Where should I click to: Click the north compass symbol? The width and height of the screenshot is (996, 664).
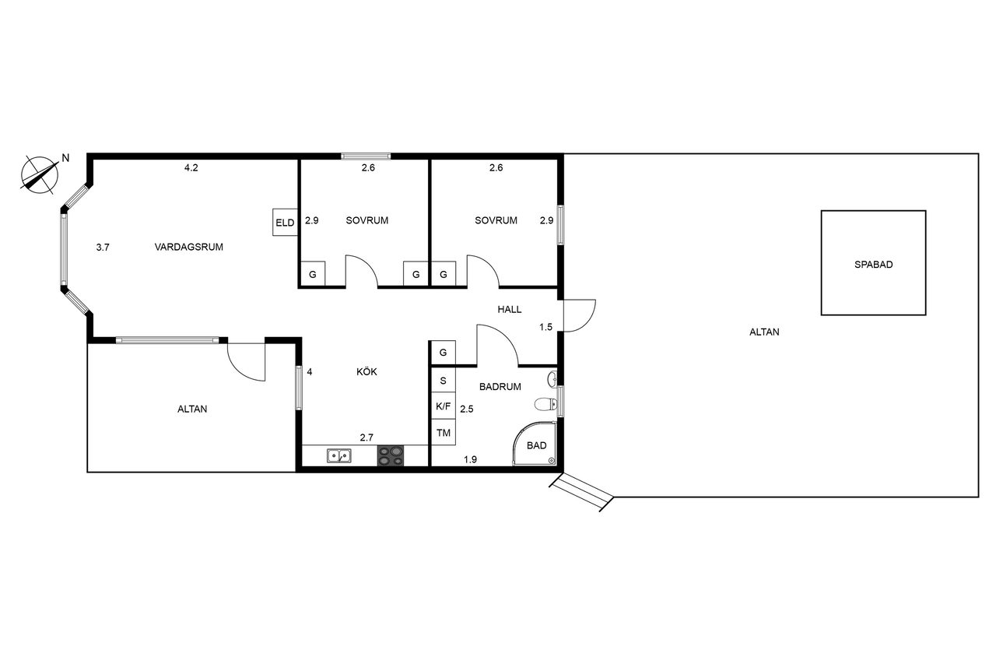tap(40, 175)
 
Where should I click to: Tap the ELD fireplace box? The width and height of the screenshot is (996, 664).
tap(285, 223)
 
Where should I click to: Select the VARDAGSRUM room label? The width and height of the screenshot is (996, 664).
tap(189, 247)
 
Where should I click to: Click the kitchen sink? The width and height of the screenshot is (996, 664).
tap(339, 456)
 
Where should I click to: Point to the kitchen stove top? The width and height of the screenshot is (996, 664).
tap(391, 456)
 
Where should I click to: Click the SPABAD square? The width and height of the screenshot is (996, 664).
tap(873, 263)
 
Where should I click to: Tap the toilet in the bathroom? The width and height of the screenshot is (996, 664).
tap(545, 404)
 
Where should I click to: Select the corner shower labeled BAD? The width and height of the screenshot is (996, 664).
tap(535, 444)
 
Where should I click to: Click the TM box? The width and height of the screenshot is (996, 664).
tap(444, 432)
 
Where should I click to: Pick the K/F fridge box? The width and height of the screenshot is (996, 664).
tap(444, 406)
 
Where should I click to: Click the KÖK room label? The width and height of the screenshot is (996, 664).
tap(366, 372)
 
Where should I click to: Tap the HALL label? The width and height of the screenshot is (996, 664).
tap(510, 310)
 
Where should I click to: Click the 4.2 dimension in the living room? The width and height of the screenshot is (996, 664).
tap(191, 167)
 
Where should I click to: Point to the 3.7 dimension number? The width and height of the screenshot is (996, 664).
tap(103, 248)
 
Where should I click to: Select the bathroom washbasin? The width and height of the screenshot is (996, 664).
tap(552, 379)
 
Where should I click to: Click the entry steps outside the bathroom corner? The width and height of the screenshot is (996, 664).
tap(581, 492)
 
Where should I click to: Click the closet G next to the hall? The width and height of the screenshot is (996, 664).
tap(444, 352)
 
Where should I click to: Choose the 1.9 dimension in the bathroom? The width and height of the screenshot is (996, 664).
tap(471, 459)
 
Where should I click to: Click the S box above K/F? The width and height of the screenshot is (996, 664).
tap(444, 380)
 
